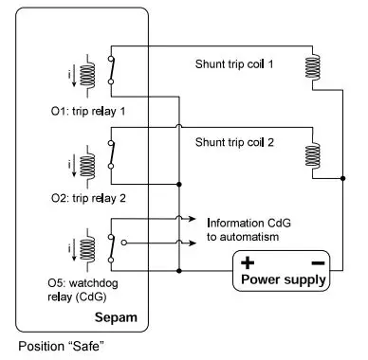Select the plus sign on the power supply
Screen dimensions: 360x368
click(246, 262)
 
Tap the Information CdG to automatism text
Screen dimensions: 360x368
click(241, 228)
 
